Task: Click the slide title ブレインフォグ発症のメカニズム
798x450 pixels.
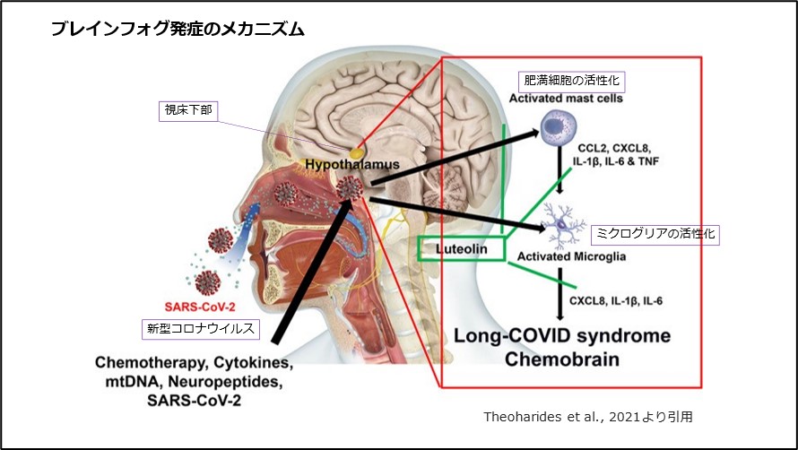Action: [178, 29]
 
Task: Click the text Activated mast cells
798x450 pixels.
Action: [566, 98]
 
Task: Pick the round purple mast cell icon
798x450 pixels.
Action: [561, 131]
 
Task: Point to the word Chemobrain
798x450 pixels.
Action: [562, 359]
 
